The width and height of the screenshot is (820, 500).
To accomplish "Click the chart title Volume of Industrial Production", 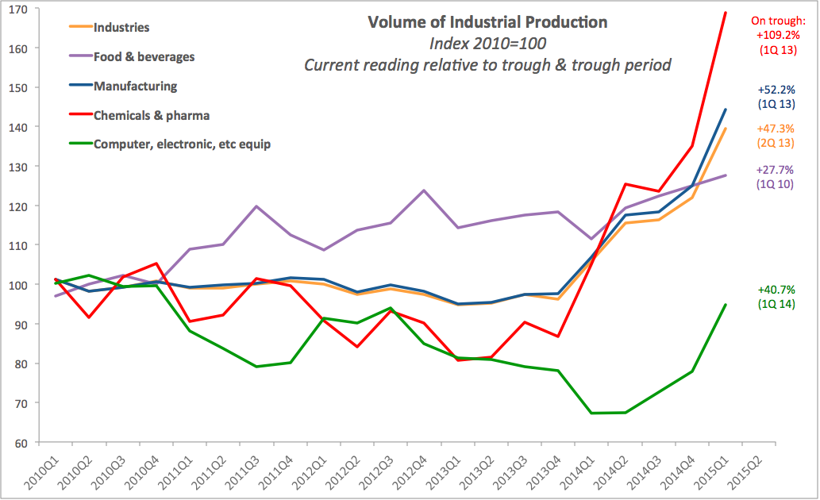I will point(487,21).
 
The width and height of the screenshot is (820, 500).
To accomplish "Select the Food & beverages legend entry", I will point(144,56).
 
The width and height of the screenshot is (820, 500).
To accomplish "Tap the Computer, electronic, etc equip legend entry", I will point(182,144).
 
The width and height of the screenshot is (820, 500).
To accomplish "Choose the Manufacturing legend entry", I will point(135,86).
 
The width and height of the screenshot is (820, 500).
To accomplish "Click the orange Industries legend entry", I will point(121,28).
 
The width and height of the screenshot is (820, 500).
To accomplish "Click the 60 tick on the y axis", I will point(19,443).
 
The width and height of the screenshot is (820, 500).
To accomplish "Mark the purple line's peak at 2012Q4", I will point(424,190).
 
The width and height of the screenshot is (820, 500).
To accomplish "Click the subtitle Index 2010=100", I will point(487,44).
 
